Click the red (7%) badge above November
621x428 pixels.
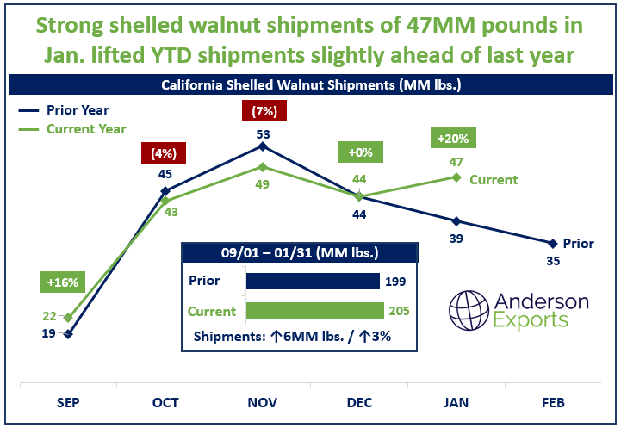coord(263,111)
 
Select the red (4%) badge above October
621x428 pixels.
coord(164,155)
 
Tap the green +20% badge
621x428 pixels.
coord(455,138)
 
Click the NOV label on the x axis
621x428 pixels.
coord(263,403)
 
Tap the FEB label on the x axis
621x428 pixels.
coord(554,403)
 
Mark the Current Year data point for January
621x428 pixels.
coord(456,177)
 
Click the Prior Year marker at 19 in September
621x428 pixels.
coord(68,333)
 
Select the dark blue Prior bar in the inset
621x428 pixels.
coord(312,281)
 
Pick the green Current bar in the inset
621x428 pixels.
coord(314,311)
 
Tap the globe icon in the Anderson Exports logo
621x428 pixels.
coord(470,308)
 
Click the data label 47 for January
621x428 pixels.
coord(456,161)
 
